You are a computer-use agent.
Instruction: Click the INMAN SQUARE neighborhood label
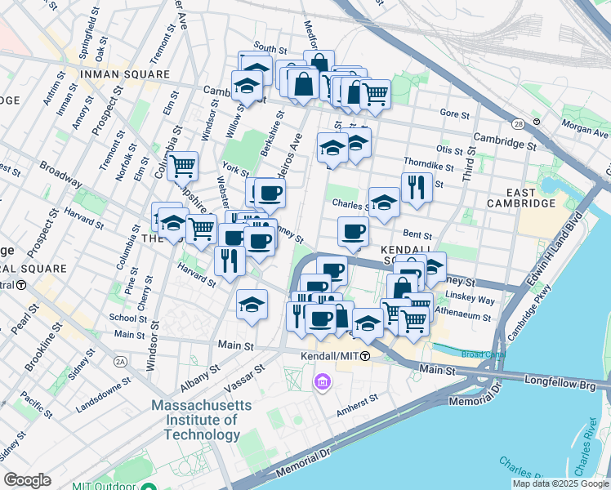point(124,75)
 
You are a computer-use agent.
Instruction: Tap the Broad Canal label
point(483,354)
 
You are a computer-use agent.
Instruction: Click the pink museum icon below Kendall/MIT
point(323,381)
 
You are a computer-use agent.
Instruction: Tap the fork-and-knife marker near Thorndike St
point(417,187)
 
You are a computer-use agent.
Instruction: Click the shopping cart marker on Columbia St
point(183,166)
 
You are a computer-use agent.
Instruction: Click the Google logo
point(27,480)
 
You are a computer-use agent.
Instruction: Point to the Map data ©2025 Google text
point(560,483)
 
